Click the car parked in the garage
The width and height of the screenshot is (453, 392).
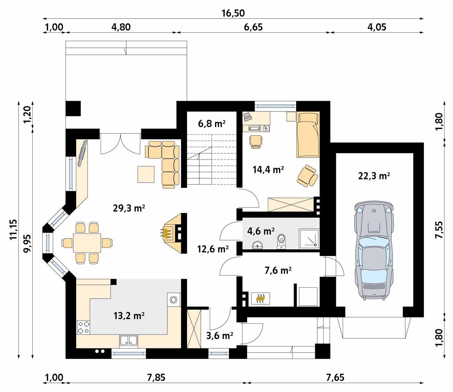click(374, 251)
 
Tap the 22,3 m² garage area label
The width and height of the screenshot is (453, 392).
click(374, 176)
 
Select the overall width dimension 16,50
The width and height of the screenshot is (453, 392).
click(233, 13)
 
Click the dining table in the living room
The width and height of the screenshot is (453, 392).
click(87, 243)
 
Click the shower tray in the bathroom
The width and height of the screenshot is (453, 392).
click(309, 238)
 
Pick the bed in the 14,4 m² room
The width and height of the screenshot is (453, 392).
click(308, 134)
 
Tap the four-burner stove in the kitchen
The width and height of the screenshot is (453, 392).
click(83, 327)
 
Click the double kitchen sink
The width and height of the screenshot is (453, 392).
click(128, 340)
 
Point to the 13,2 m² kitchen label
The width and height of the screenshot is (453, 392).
click(129, 315)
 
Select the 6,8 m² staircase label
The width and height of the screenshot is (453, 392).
click(212, 124)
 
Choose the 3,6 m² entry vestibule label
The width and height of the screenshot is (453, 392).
click(219, 336)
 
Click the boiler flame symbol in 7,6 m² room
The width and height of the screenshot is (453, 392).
click(260, 298)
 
